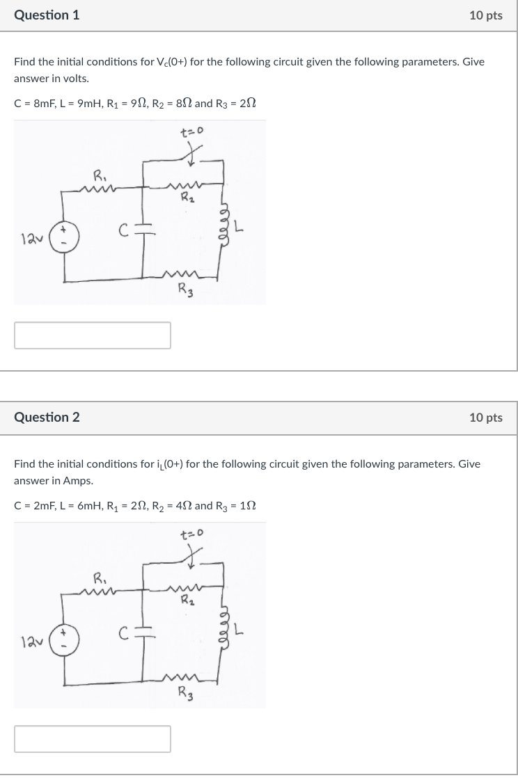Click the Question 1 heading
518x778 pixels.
(47, 15)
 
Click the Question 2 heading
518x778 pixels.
(47, 417)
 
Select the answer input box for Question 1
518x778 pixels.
(93, 335)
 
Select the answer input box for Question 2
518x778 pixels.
(93, 738)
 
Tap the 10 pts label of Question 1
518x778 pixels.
(485, 15)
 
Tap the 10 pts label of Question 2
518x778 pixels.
(485, 418)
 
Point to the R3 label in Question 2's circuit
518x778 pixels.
(185, 694)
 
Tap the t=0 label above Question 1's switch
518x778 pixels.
(190, 131)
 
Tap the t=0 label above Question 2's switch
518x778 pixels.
(190, 534)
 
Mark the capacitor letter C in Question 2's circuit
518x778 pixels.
(122, 633)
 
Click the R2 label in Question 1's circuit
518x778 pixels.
(185, 198)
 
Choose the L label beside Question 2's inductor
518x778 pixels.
(239, 631)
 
